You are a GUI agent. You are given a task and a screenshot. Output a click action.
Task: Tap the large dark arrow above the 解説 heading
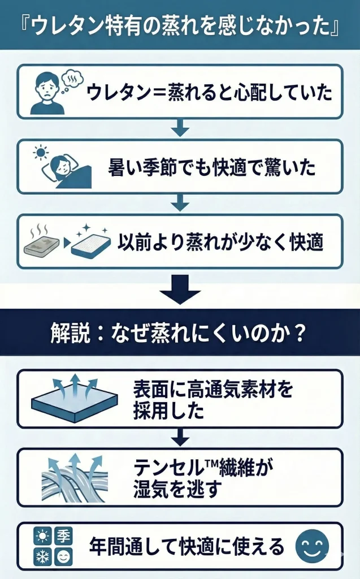pyautogui.click(x=180, y=289)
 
